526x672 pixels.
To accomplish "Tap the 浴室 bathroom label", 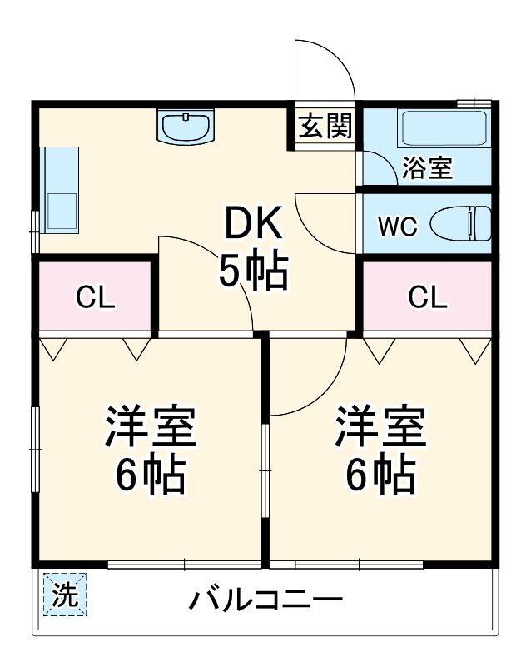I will tap(427, 167).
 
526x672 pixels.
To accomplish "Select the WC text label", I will tap(397, 226).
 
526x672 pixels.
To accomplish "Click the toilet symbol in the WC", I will tap(460, 224).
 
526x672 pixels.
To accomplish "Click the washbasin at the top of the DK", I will tap(186, 127).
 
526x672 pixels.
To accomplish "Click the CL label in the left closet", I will tap(95, 298).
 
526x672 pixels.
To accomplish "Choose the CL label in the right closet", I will tap(427, 296).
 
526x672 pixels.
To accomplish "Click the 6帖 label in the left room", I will tap(150, 476).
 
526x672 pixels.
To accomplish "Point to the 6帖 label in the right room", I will tap(380, 476).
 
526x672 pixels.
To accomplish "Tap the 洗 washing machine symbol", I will tap(64, 595).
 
